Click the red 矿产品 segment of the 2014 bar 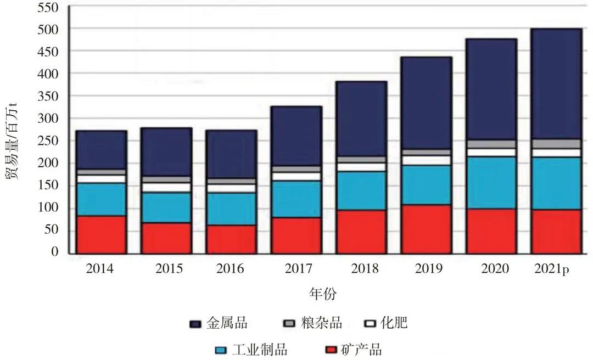point(101,234)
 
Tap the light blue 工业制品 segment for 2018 point(361,190)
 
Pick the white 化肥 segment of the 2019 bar point(426,160)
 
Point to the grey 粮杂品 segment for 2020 point(491,144)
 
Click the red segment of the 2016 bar point(231,239)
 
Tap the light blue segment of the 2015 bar point(166,207)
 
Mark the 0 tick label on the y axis point(55,252)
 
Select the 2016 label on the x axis point(231,269)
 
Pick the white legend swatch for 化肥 point(372,324)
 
